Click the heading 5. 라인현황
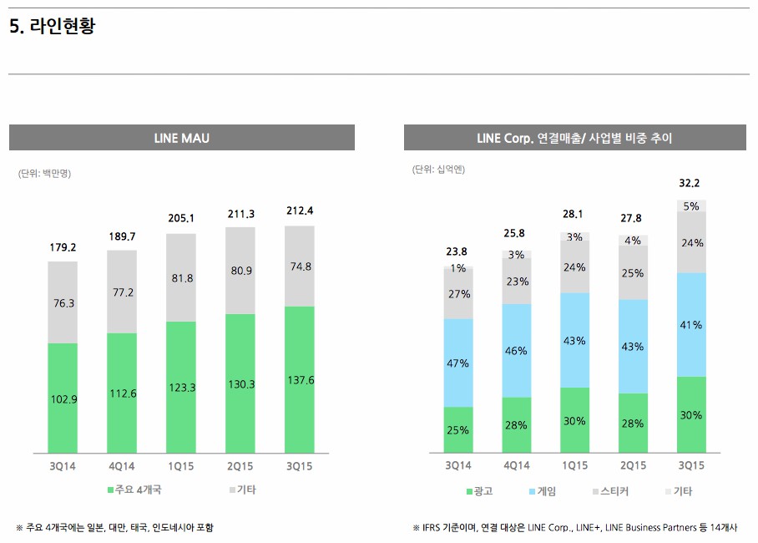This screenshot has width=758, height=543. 52,27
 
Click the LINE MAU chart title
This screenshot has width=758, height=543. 181,138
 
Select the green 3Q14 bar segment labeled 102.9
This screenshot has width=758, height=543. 63,398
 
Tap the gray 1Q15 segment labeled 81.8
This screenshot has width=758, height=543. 181,277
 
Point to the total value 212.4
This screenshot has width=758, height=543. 299,211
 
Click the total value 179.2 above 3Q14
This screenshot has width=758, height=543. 63,247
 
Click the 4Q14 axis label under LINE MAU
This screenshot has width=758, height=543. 122,466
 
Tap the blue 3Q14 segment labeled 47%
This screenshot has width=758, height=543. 458,363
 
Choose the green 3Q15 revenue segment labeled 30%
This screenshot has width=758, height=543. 691,414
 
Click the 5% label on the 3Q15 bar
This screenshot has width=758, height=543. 691,206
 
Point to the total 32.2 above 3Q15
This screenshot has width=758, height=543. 690,183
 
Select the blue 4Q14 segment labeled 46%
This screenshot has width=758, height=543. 516,351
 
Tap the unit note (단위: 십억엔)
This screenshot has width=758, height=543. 438,170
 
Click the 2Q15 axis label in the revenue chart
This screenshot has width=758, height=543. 633,465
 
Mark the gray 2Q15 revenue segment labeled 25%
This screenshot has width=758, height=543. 633,273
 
